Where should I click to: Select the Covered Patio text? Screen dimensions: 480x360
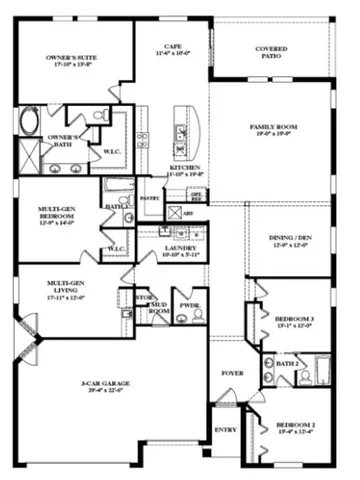[272, 52]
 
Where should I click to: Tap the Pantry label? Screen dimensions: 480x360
[150, 198]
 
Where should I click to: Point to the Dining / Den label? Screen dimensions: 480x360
[292, 241]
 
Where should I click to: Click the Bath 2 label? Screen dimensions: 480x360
[286, 366]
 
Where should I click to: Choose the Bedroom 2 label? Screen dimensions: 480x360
[296, 428]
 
